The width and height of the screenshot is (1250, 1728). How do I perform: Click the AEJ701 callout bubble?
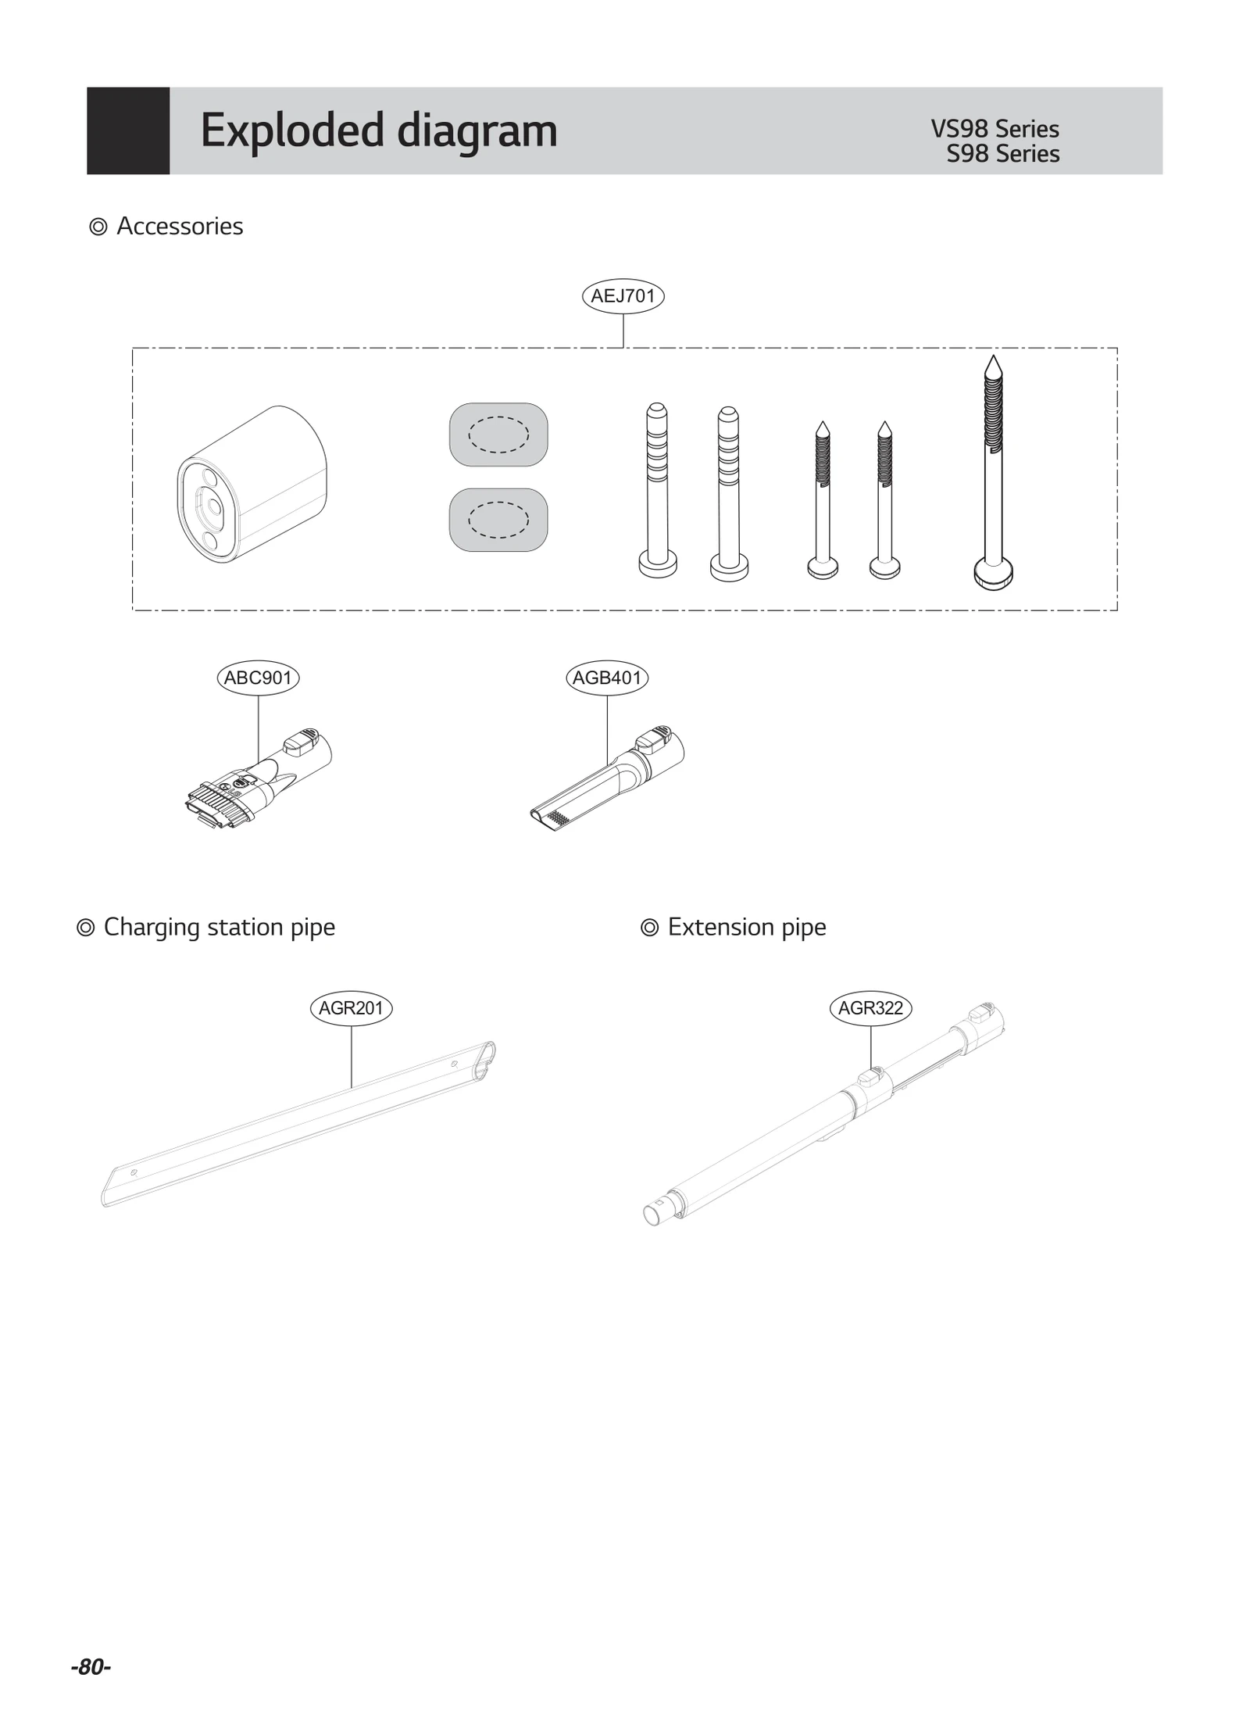click(x=623, y=296)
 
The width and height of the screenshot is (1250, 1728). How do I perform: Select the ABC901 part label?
click(x=258, y=678)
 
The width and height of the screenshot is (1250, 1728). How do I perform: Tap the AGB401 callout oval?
click(x=607, y=678)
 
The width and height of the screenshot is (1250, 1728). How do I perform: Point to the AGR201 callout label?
click(x=351, y=1008)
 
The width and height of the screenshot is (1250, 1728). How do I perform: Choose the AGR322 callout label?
click(x=870, y=1008)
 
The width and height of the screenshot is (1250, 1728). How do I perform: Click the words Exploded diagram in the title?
click(x=379, y=131)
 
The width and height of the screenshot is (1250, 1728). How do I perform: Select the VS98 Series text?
click(x=995, y=129)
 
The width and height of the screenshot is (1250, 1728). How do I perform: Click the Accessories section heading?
click(x=180, y=227)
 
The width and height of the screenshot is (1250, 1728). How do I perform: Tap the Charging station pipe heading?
click(x=219, y=927)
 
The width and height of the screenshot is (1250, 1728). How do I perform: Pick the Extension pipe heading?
click(x=746, y=927)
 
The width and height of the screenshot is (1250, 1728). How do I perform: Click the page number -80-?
click(x=91, y=1667)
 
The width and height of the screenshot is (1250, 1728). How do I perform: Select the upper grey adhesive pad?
click(x=498, y=435)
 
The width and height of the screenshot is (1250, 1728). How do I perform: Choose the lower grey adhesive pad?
click(x=498, y=520)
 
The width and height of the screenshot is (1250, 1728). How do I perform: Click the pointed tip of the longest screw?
click(x=993, y=364)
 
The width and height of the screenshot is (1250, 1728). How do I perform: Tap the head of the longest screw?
click(x=993, y=573)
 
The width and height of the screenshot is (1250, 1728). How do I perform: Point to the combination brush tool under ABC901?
click(x=258, y=782)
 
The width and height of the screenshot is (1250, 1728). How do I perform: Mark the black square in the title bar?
click(x=128, y=131)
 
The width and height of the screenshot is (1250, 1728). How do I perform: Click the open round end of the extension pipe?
click(x=651, y=1215)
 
